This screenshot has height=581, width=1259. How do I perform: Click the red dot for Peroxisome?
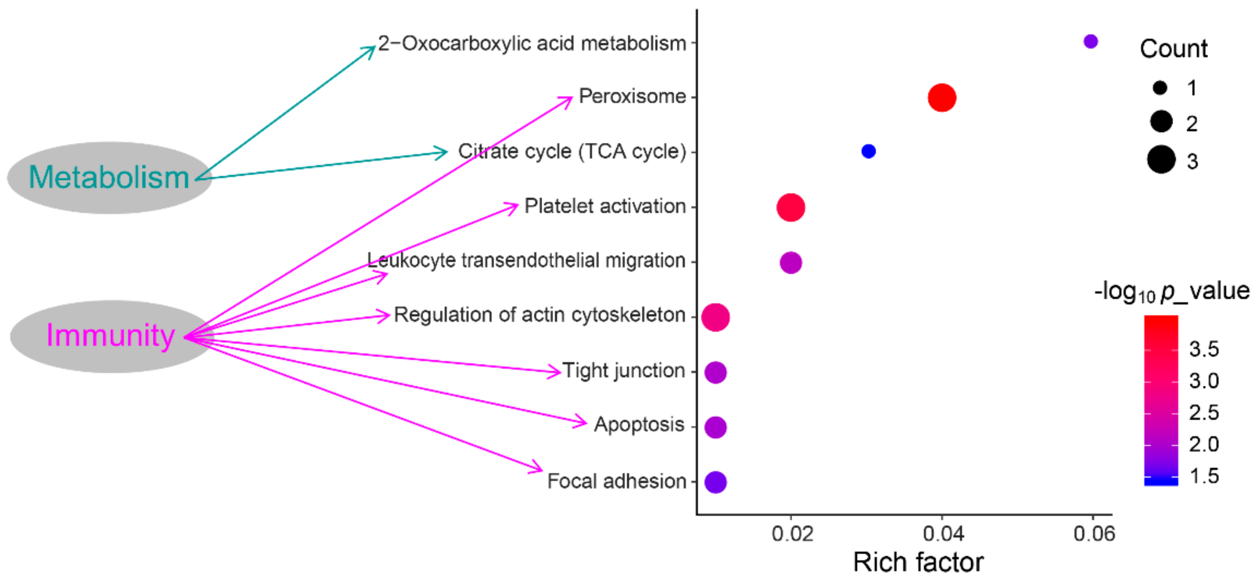coord(941,98)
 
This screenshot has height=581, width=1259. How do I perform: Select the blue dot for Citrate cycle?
coord(868,151)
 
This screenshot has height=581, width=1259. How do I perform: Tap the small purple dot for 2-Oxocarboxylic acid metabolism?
coord(1090,42)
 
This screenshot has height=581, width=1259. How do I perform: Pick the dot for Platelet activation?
coord(790,208)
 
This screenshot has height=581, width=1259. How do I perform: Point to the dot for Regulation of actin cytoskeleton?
coord(715,317)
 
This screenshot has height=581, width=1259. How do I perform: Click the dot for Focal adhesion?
coord(715,482)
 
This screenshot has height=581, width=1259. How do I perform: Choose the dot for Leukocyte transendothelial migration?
coord(790,263)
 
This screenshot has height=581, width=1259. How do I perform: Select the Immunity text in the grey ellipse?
coord(111,336)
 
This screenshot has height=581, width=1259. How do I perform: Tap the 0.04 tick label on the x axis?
coord(943,534)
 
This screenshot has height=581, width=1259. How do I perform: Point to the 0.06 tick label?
coord(1094,534)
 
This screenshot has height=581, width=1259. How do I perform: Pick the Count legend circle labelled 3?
coord(1161,159)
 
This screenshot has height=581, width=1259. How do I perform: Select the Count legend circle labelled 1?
coord(1160,88)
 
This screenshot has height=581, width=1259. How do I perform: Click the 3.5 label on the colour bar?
coord(1204,349)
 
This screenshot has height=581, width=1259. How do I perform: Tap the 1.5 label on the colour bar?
coord(1204,476)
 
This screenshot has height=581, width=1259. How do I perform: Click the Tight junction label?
coord(624,371)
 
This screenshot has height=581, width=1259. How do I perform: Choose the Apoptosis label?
coord(639,425)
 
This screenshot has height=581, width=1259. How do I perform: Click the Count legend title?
coord(1173,49)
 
